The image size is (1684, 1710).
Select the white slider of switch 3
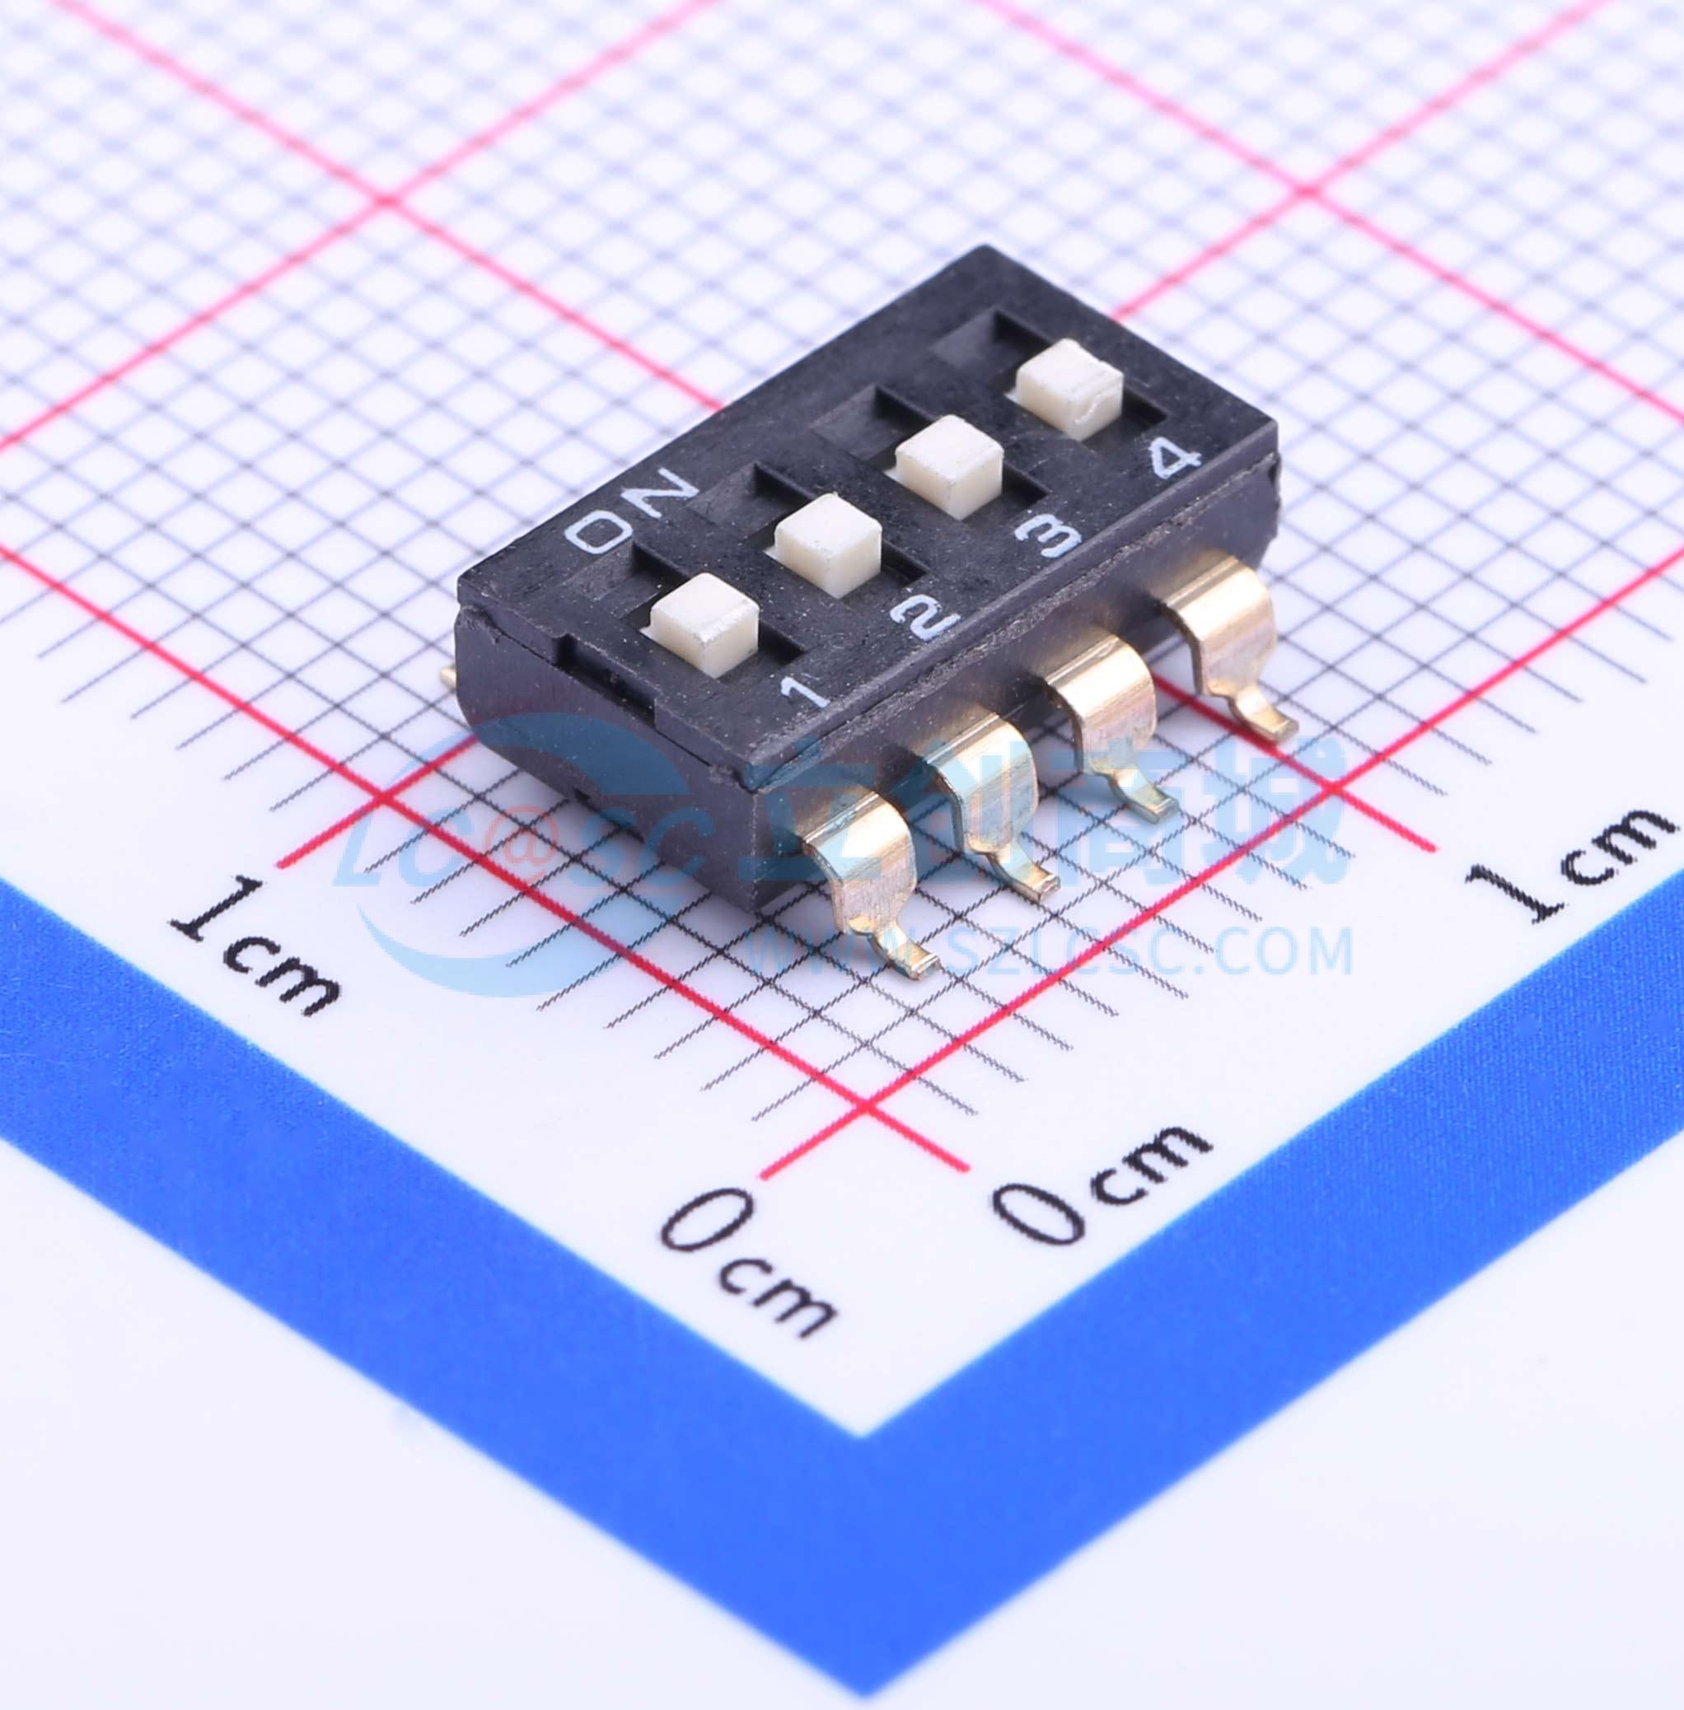click(x=949, y=467)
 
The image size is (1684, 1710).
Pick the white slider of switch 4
click(x=1070, y=389)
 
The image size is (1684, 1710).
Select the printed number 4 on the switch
click(x=1174, y=459)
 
